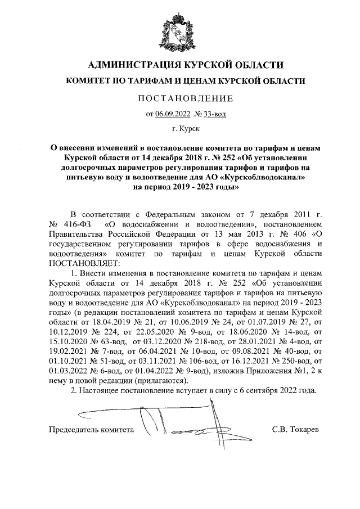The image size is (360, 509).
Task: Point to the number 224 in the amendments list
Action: [110, 331]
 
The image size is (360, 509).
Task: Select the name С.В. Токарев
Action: [295, 430]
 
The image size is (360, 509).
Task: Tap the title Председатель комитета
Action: [91, 430]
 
